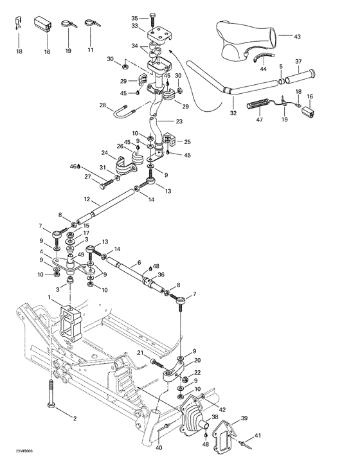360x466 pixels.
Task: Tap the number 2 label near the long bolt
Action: [75, 418]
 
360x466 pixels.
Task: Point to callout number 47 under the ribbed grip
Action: [259, 120]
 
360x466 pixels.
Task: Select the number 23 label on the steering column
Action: [178, 121]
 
